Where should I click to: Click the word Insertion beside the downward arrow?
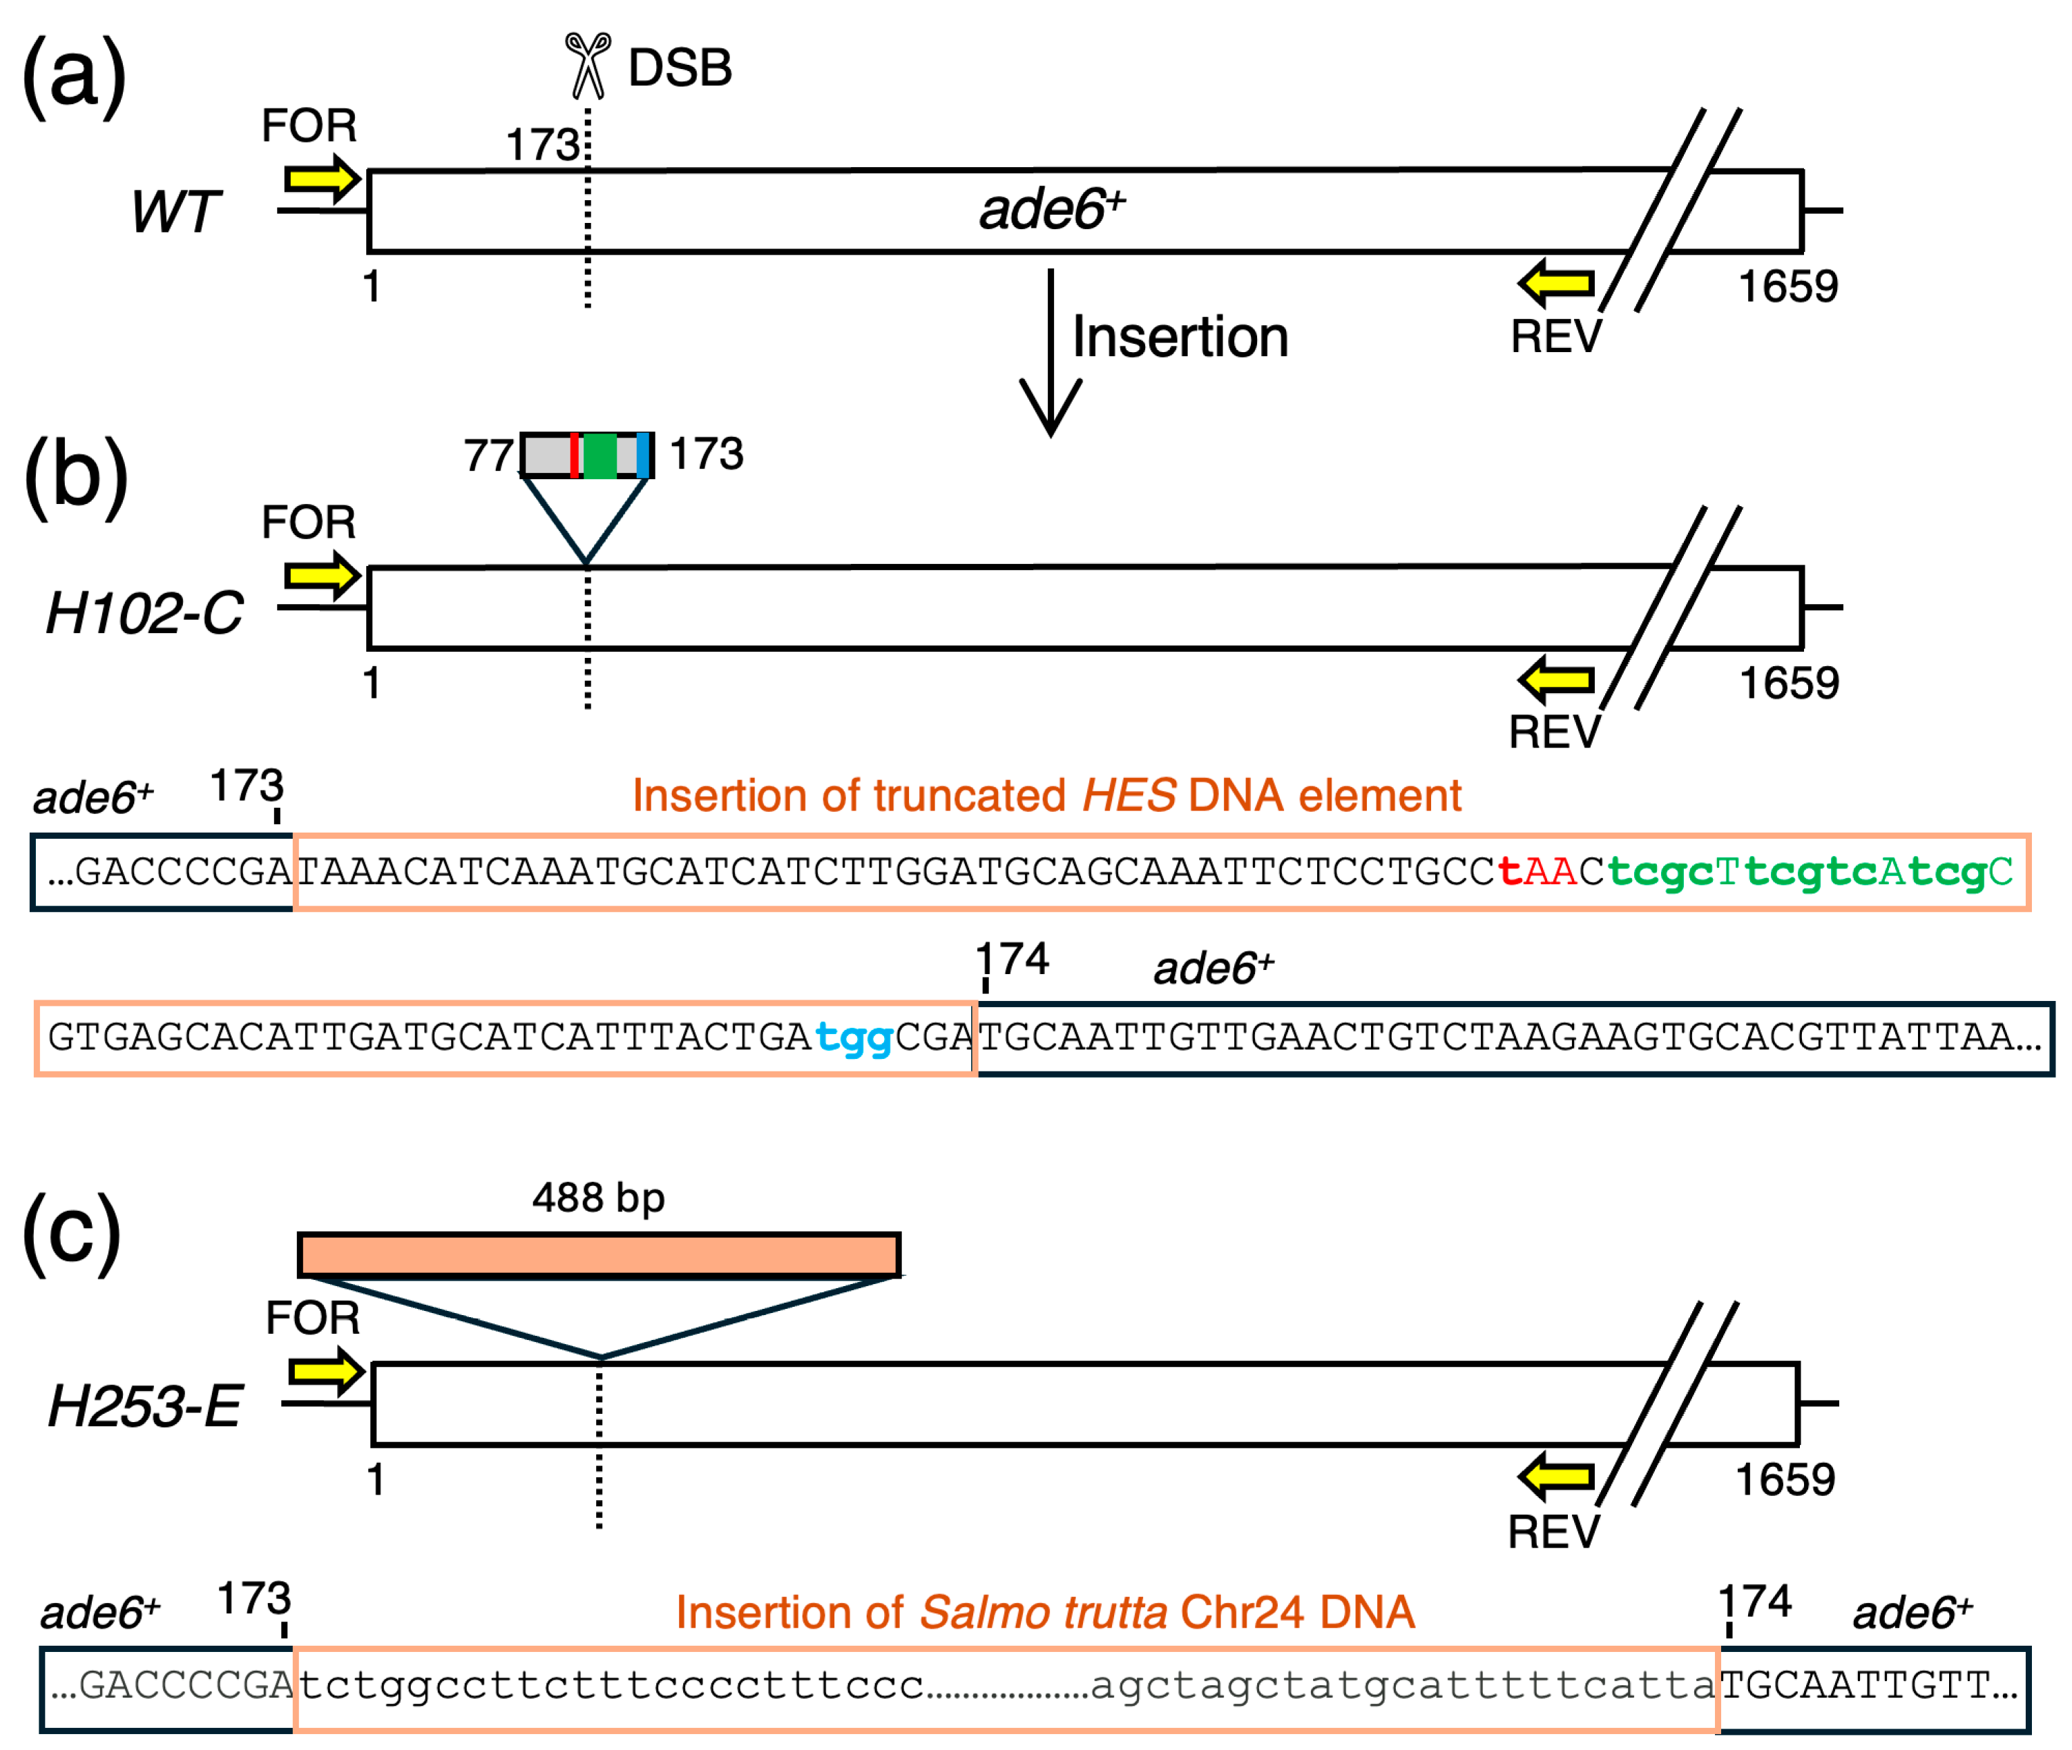pos(1179,338)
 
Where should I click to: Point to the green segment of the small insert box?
pos(599,456)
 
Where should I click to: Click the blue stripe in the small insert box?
pos(643,456)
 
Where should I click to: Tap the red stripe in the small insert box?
pos(575,456)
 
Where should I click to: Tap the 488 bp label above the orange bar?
pos(598,1198)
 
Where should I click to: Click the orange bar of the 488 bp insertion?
pos(598,1255)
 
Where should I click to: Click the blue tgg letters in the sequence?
pos(854,1038)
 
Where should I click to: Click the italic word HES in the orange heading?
pos(1129,796)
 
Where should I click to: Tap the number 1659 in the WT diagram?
pos(1787,286)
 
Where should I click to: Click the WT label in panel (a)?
pos(175,211)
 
